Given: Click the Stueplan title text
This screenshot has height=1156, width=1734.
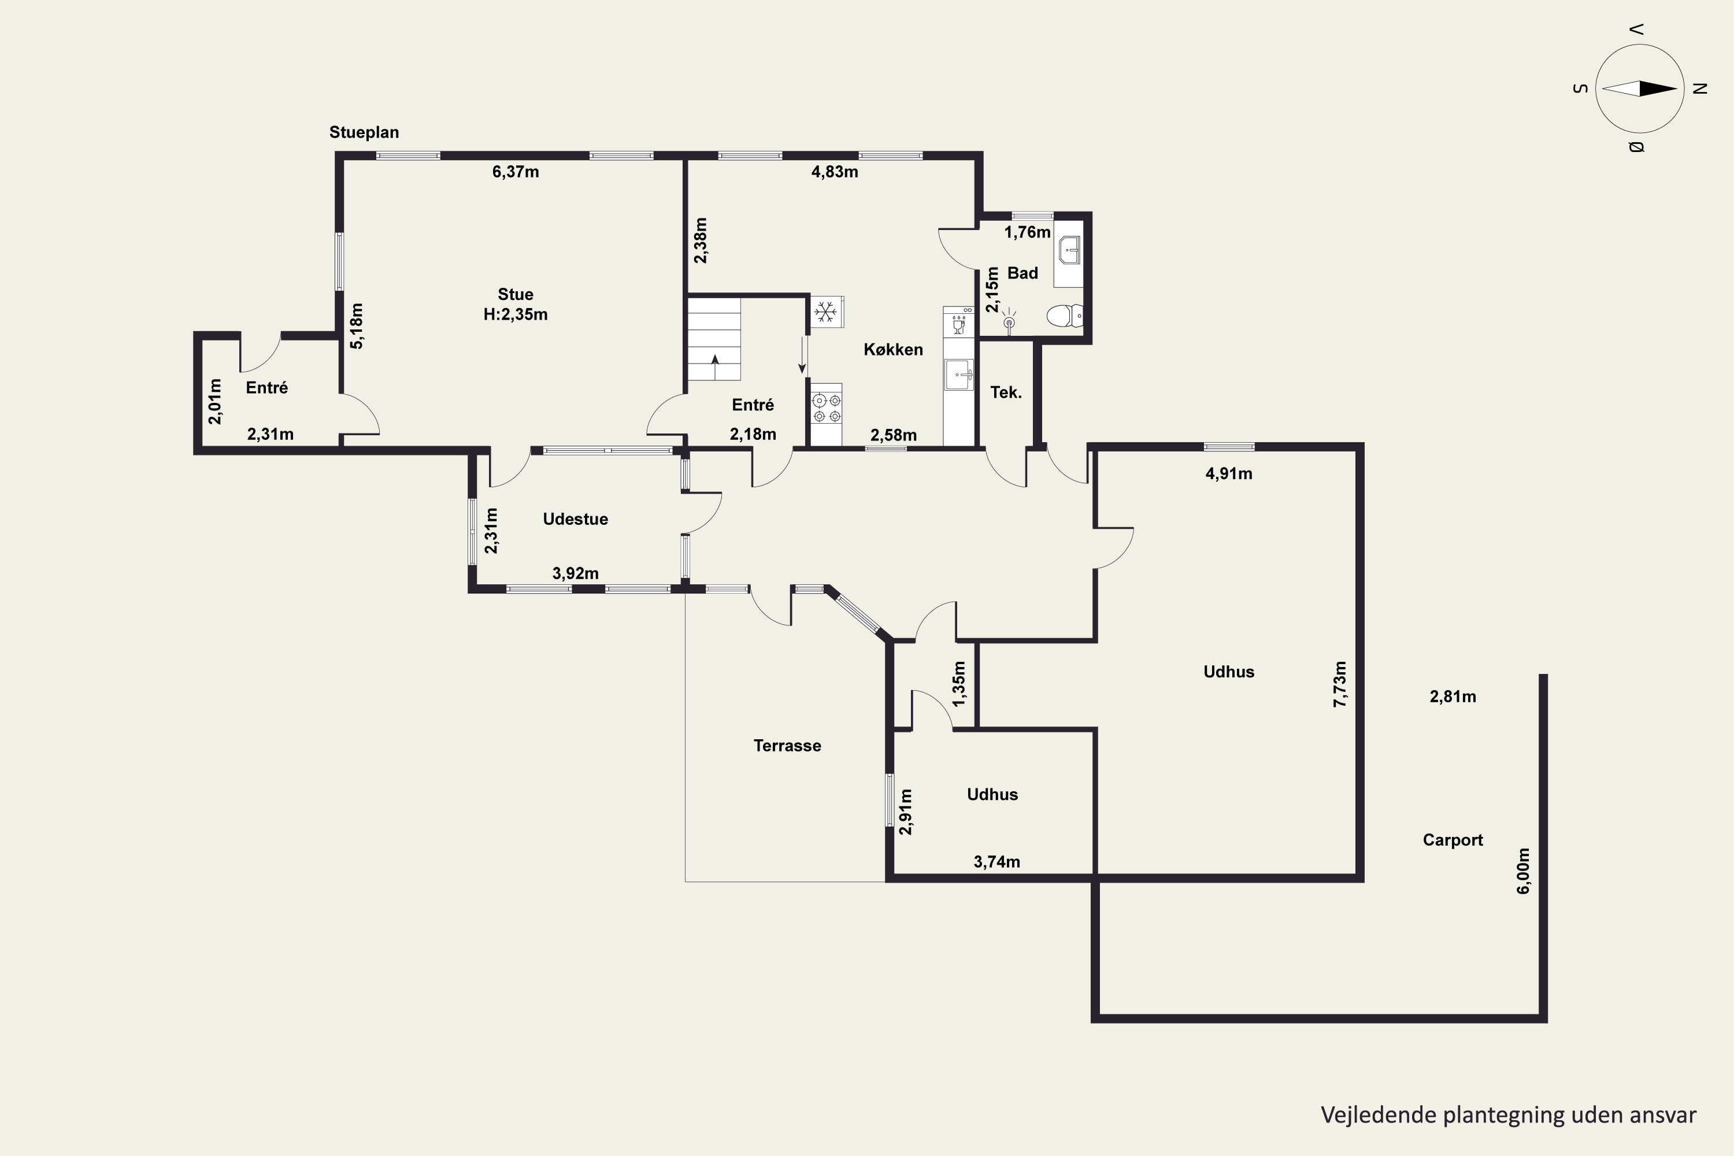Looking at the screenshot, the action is (x=364, y=133).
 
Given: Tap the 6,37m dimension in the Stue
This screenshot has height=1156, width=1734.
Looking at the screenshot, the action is (x=516, y=172).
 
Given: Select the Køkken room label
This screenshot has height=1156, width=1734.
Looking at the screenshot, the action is (x=893, y=350).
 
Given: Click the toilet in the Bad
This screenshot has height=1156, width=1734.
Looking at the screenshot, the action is (x=1065, y=316).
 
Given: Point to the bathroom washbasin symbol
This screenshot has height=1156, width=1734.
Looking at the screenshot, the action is (x=1069, y=251).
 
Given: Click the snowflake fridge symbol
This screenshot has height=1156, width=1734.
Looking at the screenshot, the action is (x=827, y=312).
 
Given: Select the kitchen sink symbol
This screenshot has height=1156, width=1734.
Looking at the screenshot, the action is (x=959, y=375).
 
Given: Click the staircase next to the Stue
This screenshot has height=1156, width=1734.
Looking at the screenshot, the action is (x=714, y=339).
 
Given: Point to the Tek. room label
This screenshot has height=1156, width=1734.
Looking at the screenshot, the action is (x=1006, y=392).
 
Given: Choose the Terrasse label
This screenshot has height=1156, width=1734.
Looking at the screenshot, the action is (x=787, y=746).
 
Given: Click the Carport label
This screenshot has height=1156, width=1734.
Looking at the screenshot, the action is (x=1453, y=840).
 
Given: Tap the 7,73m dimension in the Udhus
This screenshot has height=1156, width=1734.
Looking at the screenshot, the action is (x=1340, y=684).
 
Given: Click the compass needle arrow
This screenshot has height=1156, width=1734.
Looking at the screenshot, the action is (x=1640, y=88).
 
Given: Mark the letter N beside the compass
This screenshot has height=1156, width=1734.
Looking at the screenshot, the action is (x=1700, y=88).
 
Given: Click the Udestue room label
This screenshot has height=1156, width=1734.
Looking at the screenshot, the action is (x=575, y=519).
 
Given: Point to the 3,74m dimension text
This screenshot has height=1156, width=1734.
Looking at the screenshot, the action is (x=996, y=862).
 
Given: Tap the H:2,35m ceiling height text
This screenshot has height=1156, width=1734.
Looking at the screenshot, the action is (x=516, y=315).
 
